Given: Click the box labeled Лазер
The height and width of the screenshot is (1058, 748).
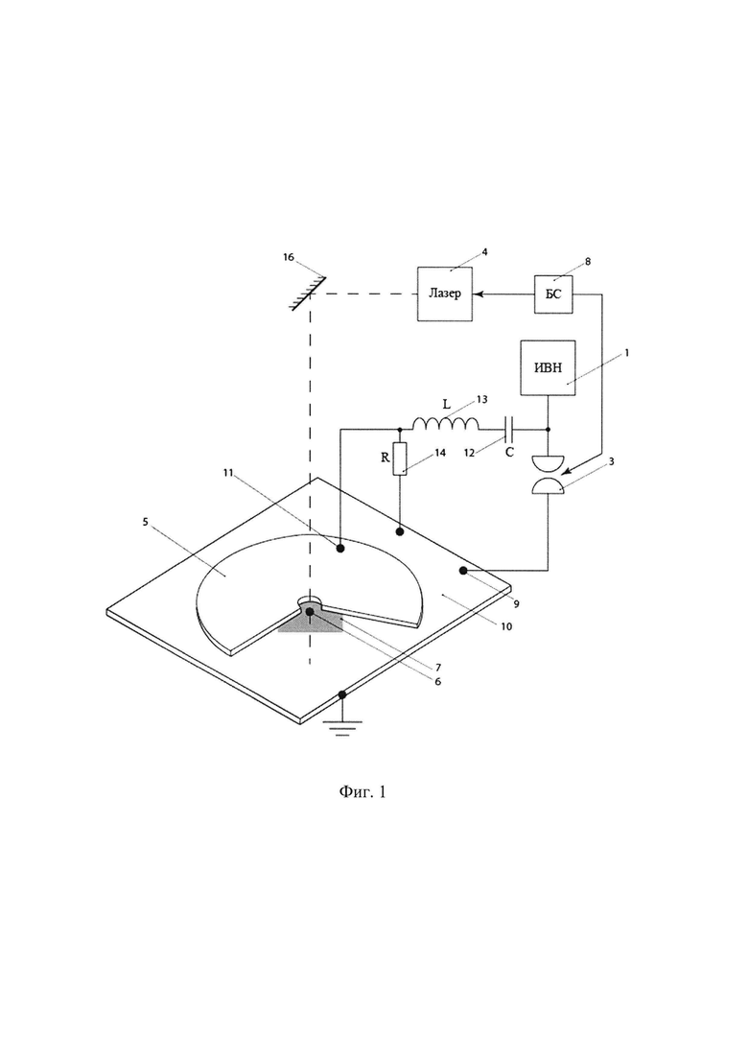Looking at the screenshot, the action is coord(444,294).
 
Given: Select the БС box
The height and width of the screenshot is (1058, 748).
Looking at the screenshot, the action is coord(553,294).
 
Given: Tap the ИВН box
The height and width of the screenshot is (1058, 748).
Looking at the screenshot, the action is coord(548,367).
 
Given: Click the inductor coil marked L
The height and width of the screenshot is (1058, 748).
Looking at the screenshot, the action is coord(446,424).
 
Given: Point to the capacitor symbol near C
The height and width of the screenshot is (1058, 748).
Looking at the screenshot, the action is coord(510,429).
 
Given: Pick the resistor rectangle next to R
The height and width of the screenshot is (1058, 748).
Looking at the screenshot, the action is coord(400,459).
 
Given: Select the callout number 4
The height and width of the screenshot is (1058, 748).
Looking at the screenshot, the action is coord(484,252).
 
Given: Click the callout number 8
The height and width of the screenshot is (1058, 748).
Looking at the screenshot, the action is coord(588,262).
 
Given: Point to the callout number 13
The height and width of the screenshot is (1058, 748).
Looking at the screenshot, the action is coord(481,399).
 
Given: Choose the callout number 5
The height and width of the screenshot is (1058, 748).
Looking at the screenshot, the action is coord(145,522).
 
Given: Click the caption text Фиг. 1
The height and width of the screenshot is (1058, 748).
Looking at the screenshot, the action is coord(362,791).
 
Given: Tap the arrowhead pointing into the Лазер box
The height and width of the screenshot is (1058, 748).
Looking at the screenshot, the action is coord(478,294).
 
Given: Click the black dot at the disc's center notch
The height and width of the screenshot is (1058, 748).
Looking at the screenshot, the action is coord(310,611).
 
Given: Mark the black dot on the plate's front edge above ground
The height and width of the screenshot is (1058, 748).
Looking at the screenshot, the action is coord(342,694).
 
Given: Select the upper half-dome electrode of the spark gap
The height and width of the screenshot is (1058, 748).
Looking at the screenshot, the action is coord(547,464).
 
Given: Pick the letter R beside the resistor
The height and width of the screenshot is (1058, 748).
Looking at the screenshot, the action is coord(386,458).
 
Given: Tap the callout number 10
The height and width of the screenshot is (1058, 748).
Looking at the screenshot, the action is coord(506,626).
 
